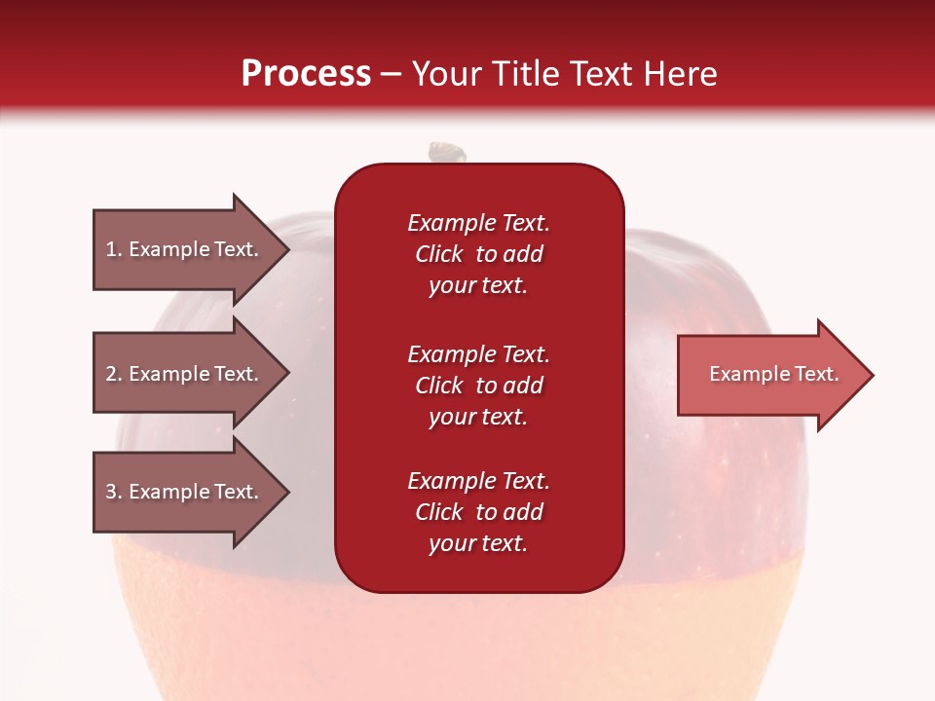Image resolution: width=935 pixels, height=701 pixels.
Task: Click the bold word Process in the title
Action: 306,73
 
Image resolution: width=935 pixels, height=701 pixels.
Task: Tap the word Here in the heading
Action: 682,73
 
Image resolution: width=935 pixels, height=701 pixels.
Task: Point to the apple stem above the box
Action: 448,152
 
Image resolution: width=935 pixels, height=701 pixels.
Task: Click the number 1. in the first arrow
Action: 114,249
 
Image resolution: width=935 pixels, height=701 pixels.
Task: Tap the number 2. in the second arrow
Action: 114,374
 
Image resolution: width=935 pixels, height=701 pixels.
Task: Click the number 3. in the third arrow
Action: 114,492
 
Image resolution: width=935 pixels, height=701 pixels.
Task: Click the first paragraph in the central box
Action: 478,254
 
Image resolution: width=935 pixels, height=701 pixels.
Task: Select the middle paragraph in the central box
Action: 478,386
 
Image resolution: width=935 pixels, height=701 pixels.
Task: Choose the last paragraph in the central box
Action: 478,512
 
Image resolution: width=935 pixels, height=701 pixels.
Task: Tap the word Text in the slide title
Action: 599,73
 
